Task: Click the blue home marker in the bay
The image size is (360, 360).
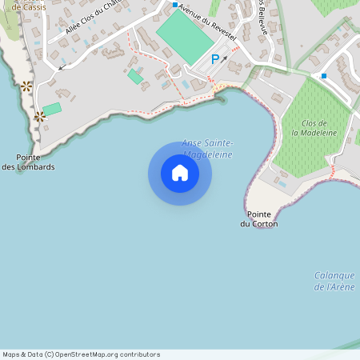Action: (180, 173)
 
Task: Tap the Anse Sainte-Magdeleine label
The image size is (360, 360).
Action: (206, 148)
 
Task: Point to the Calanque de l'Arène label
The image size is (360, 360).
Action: (334, 281)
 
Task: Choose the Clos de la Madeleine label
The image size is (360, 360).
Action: (314, 128)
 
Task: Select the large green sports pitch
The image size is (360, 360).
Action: (185, 36)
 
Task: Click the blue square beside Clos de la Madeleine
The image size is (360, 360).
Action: (324, 76)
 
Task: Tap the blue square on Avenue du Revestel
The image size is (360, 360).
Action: (175, 5)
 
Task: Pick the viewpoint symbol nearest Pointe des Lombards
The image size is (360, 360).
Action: (38, 117)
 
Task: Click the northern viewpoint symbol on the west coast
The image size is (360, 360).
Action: (26, 86)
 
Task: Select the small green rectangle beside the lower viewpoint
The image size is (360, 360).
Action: (52, 109)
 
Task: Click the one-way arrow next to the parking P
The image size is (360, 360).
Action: (225, 58)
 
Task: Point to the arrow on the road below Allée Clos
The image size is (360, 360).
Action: (61, 67)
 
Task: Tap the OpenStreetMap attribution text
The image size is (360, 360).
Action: (82, 354)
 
